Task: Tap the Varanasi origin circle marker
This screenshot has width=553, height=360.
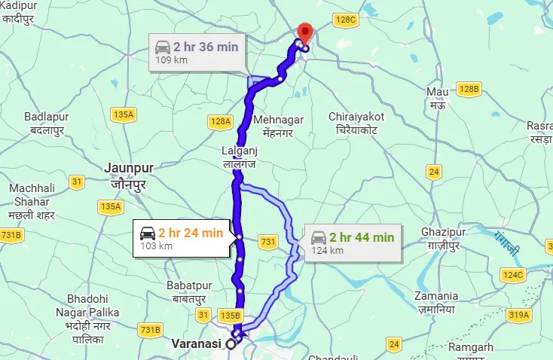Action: click(x=231, y=345)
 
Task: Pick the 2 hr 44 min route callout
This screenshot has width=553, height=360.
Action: click(x=353, y=241)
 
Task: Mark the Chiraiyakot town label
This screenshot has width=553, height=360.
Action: click(x=357, y=123)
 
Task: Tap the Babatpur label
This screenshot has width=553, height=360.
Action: click(x=188, y=291)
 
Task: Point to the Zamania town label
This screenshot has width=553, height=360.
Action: click(x=437, y=302)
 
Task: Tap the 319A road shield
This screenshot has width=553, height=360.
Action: click(x=520, y=314)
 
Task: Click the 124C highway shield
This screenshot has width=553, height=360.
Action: click(x=514, y=275)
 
